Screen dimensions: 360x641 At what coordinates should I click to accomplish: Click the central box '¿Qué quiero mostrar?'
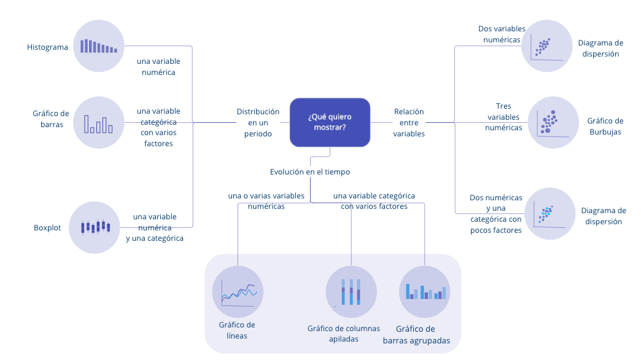[x=330, y=122]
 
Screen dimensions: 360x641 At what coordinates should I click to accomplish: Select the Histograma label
[x=47, y=47]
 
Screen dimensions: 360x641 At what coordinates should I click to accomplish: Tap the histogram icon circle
[x=98, y=46]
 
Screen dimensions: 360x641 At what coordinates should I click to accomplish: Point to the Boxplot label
[x=47, y=227]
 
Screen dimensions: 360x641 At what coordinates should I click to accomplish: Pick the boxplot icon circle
[x=94, y=227]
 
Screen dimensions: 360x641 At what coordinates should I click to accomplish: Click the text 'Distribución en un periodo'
[x=258, y=122]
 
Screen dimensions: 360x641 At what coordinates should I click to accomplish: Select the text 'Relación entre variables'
[x=409, y=122]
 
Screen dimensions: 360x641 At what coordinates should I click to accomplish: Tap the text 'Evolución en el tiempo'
[x=310, y=172]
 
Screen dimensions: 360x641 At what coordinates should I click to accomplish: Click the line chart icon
[x=238, y=291]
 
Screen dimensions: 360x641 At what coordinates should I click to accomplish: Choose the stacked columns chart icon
[x=351, y=291]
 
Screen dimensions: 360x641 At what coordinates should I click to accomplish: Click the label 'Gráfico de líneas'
[x=237, y=330]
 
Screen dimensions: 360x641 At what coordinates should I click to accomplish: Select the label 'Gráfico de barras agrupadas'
[x=416, y=335]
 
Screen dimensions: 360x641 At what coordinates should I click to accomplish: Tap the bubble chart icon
[x=553, y=122]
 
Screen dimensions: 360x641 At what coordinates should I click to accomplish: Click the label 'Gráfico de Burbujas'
[x=605, y=126]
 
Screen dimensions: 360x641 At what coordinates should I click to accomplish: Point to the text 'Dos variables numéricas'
[x=502, y=34]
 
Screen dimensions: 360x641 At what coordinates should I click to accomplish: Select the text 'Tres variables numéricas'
[x=503, y=117]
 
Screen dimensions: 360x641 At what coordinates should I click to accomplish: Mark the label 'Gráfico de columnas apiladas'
[x=344, y=334]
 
